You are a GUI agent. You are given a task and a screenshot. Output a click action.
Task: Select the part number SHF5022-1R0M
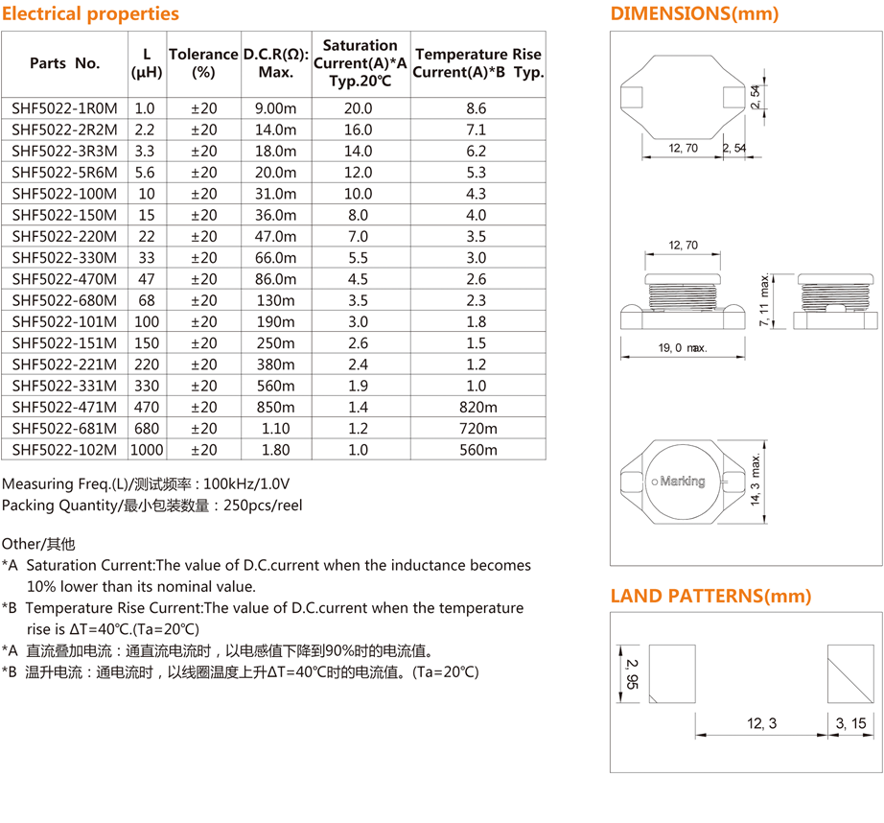click(x=64, y=108)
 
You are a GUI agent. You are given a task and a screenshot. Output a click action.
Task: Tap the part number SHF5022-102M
click(x=64, y=450)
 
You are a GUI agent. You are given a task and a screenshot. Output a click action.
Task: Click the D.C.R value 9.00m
click(x=275, y=108)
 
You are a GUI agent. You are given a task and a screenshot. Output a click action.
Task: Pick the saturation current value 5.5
click(x=359, y=258)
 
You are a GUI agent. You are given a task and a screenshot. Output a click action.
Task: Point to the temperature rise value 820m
click(x=476, y=407)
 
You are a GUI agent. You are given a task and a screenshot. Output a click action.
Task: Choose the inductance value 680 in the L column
click(x=147, y=429)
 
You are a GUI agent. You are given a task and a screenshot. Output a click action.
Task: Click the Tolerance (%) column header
click(x=202, y=62)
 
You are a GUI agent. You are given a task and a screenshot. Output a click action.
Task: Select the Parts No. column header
click(x=64, y=63)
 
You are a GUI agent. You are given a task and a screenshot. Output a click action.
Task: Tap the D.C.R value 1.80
click(x=275, y=450)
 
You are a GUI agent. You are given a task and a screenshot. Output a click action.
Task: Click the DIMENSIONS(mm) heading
click(x=694, y=13)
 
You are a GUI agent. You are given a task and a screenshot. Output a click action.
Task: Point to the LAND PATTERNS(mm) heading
click(x=710, y=596)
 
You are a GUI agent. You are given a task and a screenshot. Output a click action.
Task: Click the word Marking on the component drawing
click(x=683, y=481)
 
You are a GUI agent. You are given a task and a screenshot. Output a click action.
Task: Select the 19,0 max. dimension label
click(x=682, y=348)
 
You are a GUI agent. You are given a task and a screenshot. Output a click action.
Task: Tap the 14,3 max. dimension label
click(x=757, y=481)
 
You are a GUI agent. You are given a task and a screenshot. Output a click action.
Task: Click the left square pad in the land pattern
click(x=672, y=674)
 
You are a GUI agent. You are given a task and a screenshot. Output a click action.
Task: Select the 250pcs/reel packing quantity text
click(x=262, y=505)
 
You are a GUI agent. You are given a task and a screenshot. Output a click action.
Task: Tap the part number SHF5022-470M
click(x=64, y=279)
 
